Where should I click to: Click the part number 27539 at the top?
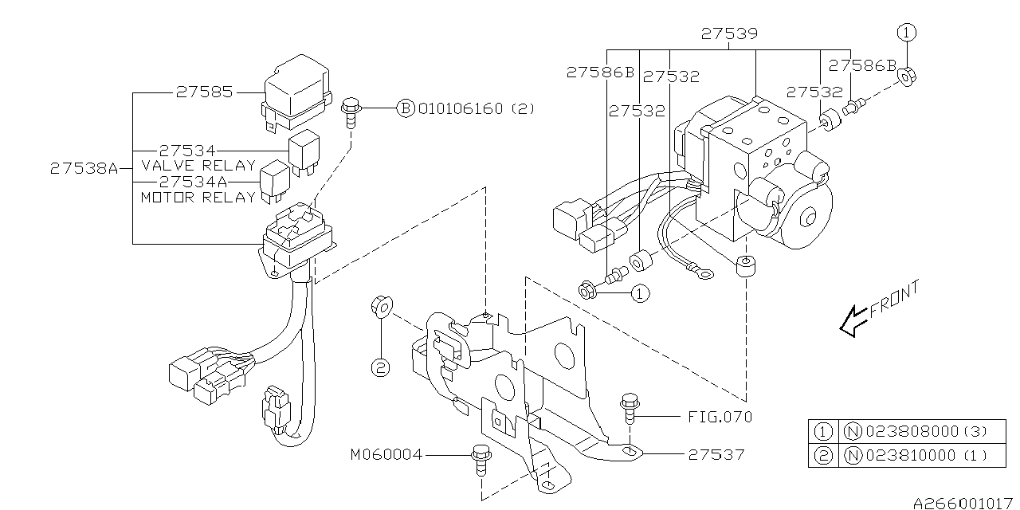click(729, 33)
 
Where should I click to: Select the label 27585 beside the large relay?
click(205, 92)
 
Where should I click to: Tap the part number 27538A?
click(84, 168)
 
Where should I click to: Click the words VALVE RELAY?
click(199, 165)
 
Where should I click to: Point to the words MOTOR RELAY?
click(198, 197)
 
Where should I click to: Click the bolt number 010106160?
click(461, 108)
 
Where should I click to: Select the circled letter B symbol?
click(406, 108)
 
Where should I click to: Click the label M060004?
click(386, 454)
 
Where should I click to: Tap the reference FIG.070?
click(720, 416)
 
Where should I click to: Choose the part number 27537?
click(716, 454)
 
